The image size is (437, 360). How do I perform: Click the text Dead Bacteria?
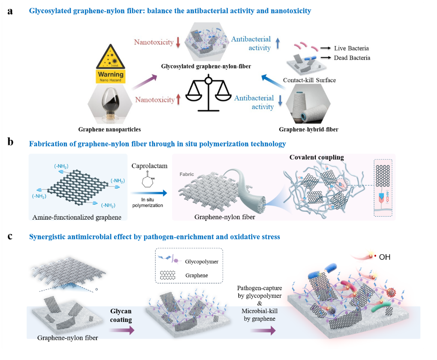[x=352, y=58]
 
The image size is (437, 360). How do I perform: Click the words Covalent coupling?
[x=317, y=158]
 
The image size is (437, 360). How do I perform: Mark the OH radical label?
[x=384, y=257]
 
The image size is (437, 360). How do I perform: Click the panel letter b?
[x=11, y=142]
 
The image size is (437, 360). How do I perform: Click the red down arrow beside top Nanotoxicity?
[x=177, y=42]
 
